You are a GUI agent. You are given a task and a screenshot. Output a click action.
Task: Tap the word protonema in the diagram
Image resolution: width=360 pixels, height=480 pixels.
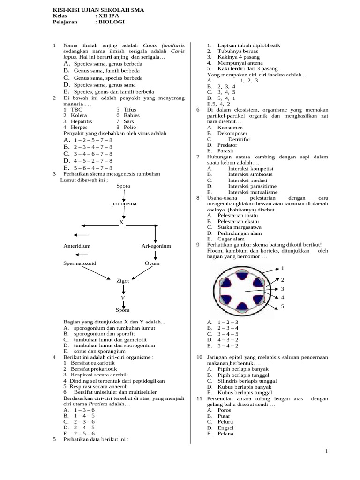[124, 204]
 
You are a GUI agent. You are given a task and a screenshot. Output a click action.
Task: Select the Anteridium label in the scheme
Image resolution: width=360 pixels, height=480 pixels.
[77, 246]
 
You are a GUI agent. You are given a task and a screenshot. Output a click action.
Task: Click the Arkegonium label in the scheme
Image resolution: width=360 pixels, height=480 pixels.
[156, 246]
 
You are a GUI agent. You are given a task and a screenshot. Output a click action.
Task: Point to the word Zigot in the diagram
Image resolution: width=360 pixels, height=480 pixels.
[123, 281]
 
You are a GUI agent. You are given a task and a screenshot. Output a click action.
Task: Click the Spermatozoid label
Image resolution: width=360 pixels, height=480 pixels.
[80, 263]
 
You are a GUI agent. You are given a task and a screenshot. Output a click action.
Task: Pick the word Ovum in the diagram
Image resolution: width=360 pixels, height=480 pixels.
[152, 263]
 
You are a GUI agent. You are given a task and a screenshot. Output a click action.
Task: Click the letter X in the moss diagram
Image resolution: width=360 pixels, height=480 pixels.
[121, 222]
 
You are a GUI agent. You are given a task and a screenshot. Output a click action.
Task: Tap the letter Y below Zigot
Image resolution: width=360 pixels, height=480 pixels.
[123, 298]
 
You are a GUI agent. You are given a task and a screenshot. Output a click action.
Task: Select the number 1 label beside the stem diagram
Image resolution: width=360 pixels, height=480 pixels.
[283, 268]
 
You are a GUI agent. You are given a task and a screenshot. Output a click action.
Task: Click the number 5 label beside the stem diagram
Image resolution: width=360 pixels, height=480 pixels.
[283, 306]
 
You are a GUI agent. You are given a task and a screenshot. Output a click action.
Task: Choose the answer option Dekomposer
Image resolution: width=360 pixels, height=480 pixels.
[230, 134]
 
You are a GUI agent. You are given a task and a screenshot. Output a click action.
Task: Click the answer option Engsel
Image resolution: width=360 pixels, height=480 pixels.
[225, 428]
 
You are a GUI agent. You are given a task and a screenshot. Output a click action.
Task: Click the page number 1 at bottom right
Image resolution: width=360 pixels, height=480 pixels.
[327, 451]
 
